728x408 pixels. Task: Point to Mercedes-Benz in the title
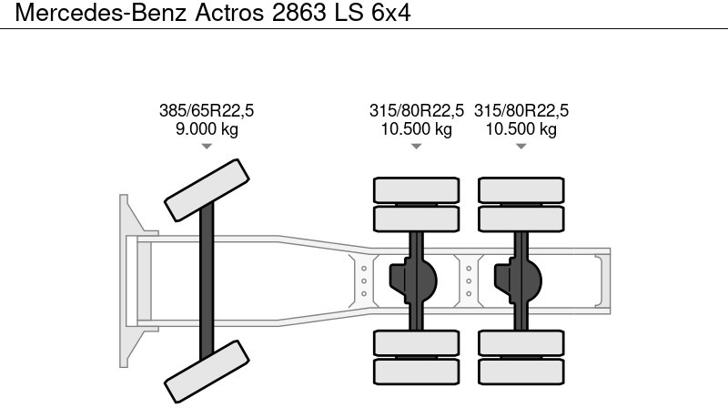99,14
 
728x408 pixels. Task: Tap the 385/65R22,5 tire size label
207,111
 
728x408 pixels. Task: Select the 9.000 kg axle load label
207,129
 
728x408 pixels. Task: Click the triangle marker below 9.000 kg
207,146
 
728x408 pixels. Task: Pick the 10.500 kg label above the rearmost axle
521,129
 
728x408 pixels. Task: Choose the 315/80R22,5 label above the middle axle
417,111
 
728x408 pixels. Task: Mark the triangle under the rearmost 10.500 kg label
521,146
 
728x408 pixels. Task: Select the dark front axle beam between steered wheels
207,280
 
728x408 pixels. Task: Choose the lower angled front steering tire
206,372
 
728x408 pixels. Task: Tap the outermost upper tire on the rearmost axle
521,189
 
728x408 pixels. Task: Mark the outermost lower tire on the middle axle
417,372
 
